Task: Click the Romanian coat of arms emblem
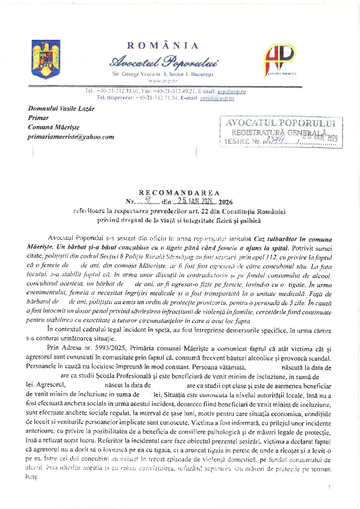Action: coord(46,59)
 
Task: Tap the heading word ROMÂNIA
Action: coord(163,46)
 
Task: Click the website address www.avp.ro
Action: coord(163,81)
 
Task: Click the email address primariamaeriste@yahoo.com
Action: coord(71,137)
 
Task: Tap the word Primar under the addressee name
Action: coord(38,118)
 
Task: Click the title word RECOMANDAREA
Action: coord(179,193)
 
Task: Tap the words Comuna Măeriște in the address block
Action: coord(53,127)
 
